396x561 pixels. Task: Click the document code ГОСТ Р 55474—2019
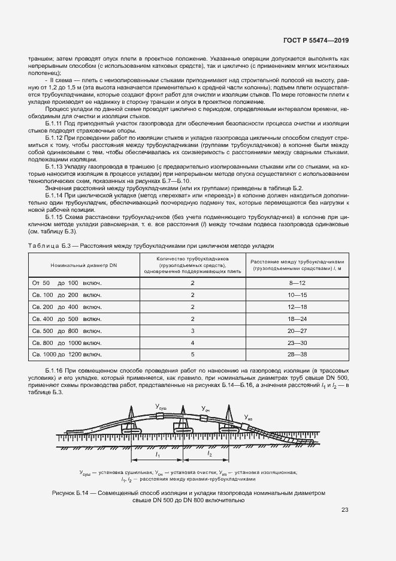coord(316,41)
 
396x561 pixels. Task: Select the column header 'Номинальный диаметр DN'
coord(84,264)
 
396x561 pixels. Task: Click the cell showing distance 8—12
coord(297,282)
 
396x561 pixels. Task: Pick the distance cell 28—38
coord(297,355)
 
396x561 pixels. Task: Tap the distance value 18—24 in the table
coord(297,319)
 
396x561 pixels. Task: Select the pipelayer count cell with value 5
coord(192,355)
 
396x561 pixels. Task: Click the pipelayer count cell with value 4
coord(192,343)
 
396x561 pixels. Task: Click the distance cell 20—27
coord(297,331)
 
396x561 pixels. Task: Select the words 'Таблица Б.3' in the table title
coord(51,246)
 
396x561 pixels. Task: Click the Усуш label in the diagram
coord(161,407)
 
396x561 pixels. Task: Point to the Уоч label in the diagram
coord(205,410)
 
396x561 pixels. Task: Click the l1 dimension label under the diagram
coord(156,457)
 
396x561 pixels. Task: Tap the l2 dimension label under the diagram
coord(210,457)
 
